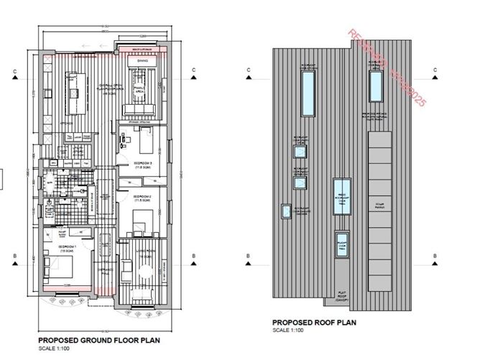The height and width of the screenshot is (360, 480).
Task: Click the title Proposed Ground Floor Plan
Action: (98, 341)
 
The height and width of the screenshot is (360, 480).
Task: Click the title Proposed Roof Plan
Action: (313, 323)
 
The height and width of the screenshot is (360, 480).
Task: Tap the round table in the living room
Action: (147, 271)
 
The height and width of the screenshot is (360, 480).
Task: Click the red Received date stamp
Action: (387, 68)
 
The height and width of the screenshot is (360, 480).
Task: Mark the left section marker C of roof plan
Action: (247, 70)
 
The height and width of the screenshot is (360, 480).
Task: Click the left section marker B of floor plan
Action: (14, 256)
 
